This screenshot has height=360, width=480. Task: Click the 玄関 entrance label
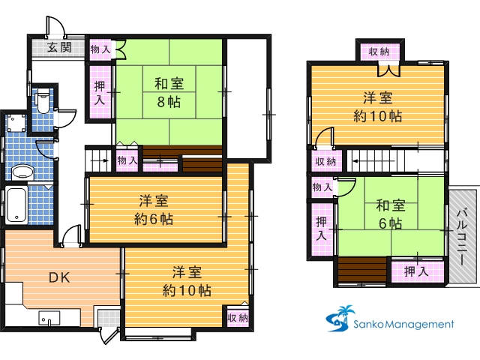click(x=59, y=47)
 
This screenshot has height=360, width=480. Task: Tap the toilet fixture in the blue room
click(x=43, y=101)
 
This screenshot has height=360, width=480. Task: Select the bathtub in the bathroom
click(x=16, y=205)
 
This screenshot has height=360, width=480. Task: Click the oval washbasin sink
click(x=22, y=172)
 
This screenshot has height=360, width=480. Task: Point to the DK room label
click(x=59, y=277)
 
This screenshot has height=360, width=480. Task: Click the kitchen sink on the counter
click(x=49, y=318)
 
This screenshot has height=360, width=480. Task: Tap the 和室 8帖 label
click(x=169, y=93)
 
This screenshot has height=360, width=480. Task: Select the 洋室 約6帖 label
click(x=154, y=210)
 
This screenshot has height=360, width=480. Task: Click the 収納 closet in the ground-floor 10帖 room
click(x=238, y=317)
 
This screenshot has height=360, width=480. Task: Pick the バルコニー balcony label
click(x=462, y=237)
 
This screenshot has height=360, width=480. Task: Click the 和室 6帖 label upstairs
click(x=390, y=214)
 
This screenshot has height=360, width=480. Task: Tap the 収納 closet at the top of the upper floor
click(x=379, y=52)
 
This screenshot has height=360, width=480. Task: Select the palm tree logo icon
click(x=340, y=318)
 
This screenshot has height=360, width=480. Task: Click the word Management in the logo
click(x=419, y=324)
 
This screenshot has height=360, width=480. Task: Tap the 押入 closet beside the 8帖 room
click(x=100, y=92)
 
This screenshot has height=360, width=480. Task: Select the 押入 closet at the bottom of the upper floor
click(x=418, y=271)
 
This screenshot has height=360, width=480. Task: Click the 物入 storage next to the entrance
click(x=100, y=49)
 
